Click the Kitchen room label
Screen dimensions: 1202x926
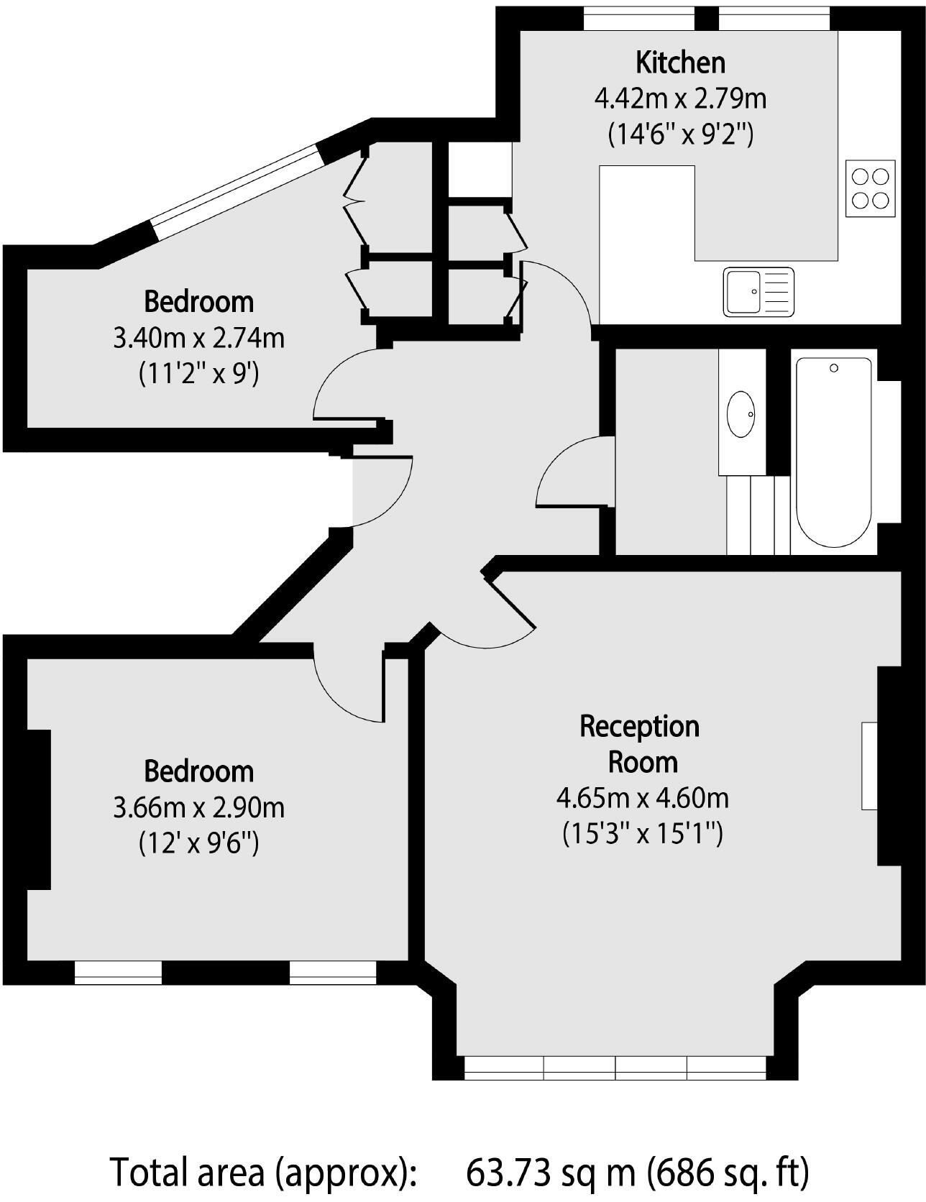tap(680, 63)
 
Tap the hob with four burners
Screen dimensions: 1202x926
tap(871, 188)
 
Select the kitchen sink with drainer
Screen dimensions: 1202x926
tap(758, 291)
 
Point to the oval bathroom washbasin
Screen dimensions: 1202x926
tap(741, 414)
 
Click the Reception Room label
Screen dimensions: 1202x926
tap(641, 743)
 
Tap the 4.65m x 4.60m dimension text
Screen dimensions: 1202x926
tap(643, 798)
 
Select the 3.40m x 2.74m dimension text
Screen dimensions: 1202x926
tap(199, 337)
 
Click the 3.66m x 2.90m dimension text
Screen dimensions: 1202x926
tap(199, 807)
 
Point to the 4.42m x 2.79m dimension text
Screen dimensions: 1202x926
tap(680, 98)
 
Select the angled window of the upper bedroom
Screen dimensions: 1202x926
tap(236, 183)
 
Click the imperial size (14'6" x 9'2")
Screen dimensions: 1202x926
tap(680, 134)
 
